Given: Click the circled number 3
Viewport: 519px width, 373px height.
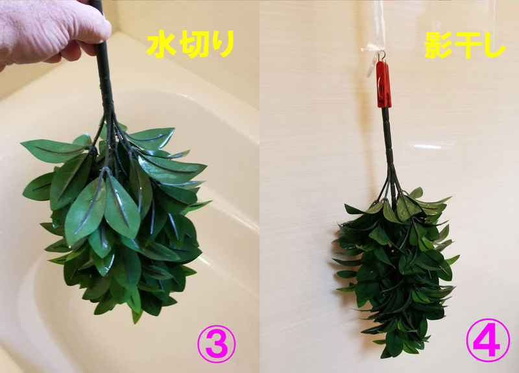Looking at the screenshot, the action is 217,344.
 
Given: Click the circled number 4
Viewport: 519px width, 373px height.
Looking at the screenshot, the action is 488,340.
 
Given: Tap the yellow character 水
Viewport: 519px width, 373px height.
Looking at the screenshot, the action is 161,44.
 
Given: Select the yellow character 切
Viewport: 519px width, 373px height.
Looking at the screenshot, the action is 191,44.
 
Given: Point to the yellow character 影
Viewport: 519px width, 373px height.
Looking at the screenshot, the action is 439,45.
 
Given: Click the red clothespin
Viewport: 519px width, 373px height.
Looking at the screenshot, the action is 384,85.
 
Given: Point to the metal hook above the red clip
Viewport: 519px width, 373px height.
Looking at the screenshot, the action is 382,56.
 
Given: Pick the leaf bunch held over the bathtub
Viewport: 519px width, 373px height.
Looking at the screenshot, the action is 116,219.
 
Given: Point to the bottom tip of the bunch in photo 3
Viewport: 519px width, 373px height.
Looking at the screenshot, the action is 135,322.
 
